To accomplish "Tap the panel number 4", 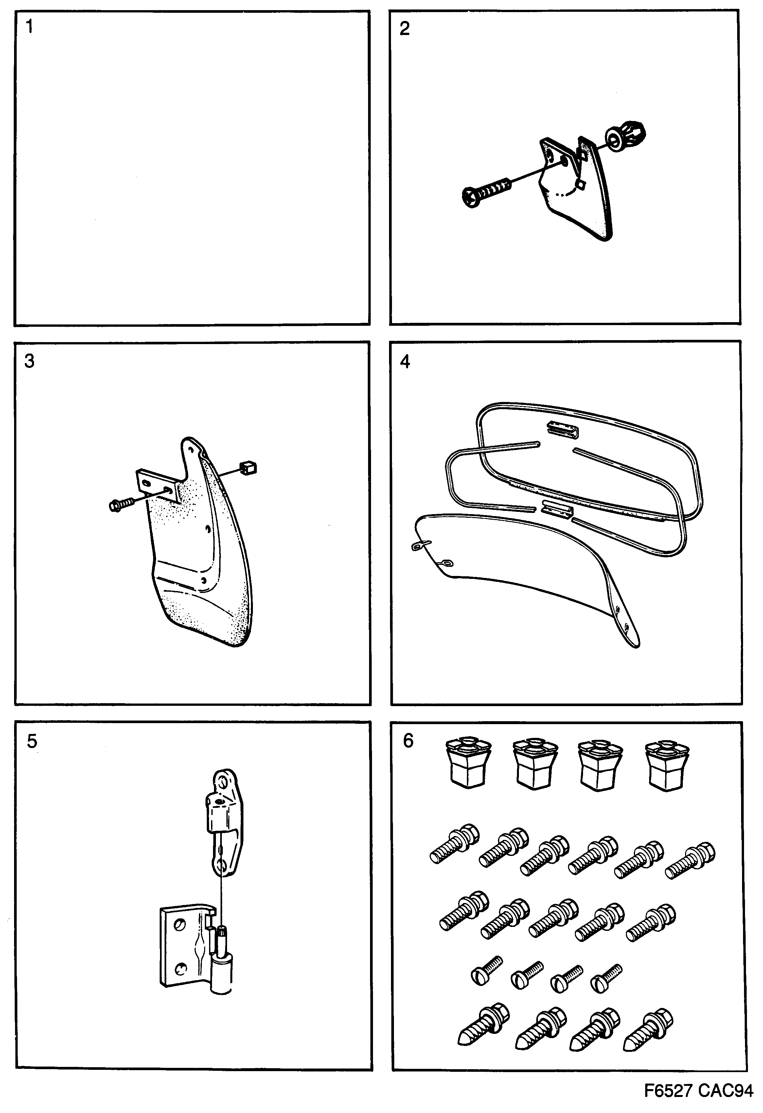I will pyautogui.click(x=405, y=362).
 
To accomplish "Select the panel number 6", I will pyautogui.click(x=408, y=741).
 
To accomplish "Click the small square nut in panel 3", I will pyautogui.click(x=249, y=467).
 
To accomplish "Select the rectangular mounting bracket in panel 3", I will pyautogui.click(x=158, y=485).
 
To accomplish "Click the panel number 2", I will pyautogui.click(x=405, y=29).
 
